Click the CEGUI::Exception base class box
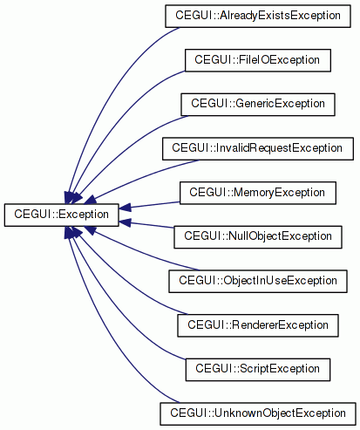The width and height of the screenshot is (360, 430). tap(61, 215)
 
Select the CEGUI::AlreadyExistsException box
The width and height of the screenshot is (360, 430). tap(258, 16)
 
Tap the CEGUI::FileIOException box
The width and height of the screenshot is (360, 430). tap(258, 60)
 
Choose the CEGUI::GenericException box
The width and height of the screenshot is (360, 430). tap(258, 105)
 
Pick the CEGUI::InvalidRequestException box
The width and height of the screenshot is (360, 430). tap(258, 148)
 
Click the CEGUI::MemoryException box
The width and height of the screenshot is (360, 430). tap(258, 193)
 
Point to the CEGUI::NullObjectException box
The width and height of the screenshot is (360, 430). tap(258, 237)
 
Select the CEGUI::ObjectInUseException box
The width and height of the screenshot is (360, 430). tap(258, 281)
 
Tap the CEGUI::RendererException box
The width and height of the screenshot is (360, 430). tap(258, 325)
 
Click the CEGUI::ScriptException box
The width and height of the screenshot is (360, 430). tap(258, 370)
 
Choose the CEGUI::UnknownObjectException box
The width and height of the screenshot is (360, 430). tap(258, 413)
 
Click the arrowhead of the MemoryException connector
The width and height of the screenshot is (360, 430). tap(125, 208)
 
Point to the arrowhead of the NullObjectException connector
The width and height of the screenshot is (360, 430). tap(125, 222)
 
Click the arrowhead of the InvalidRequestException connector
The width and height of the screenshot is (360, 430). tap(91, 199)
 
